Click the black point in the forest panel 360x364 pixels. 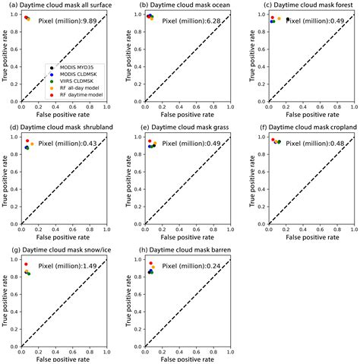pyautogui.click(x=288, y=19)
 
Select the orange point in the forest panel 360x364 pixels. pyautogui.click(x=279, y=18)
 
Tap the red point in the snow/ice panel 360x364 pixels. pyautogui.click(x=26, y=264)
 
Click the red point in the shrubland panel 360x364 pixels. pyautogui.click(x=27, y=141)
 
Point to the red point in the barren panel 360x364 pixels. pyautogui.click(x=150, y=263)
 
